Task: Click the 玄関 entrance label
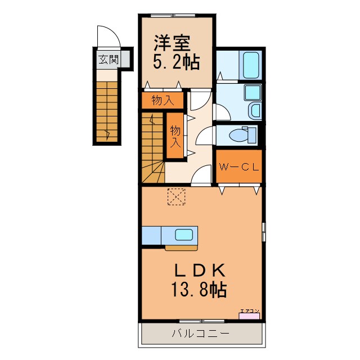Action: coord(109,60)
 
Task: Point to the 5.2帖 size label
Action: coord(176,62)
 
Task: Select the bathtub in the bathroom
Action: coord(251,65)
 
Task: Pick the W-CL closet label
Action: coord(239,167)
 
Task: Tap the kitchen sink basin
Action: coord(184,235)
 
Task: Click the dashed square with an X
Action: coord(176,196)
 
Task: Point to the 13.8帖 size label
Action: coord(199,290)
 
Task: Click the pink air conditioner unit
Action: coord(249,316)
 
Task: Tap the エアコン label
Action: coord(250,311)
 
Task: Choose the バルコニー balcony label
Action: coord(201,333)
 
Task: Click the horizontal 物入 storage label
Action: coord(163,100)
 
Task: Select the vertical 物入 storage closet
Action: coord(175,136)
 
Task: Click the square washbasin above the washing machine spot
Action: coord(253,92)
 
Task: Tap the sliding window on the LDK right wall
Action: coord(264,232)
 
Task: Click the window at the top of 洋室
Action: coord(173,16)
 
